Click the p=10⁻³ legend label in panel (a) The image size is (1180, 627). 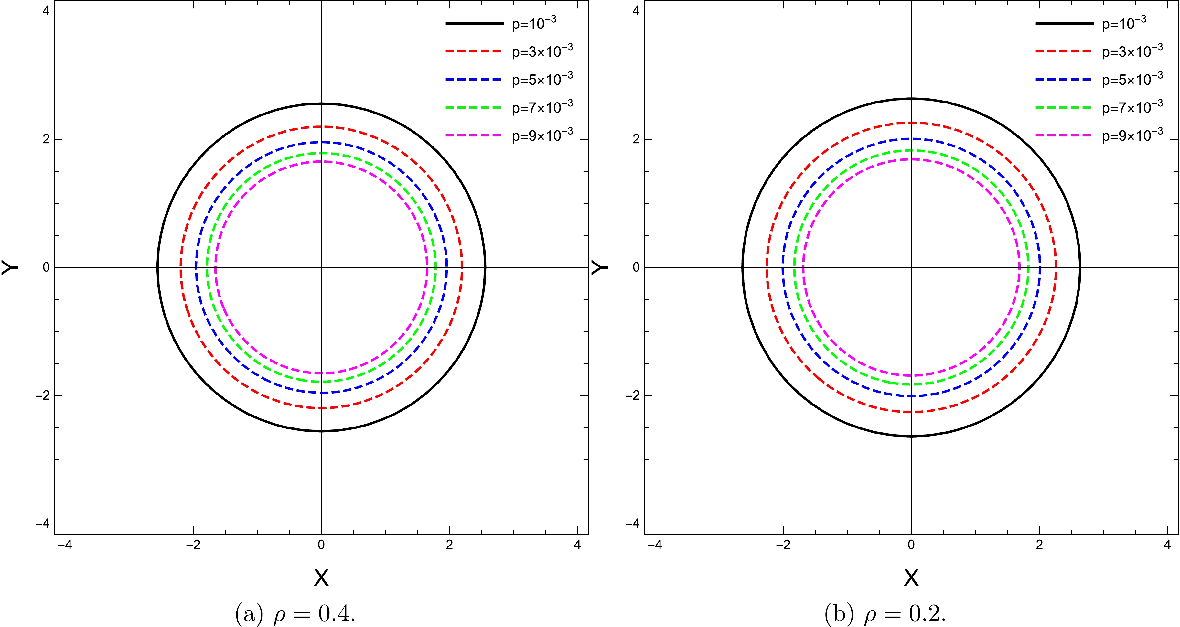click(x=534, y=23)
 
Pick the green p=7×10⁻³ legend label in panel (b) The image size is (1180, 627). click(x=1132, y=107)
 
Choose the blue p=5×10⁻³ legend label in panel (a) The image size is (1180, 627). click(x=542, y=79)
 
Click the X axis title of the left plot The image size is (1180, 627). click(x=321, y=578)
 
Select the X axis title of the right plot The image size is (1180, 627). click(x=911, y=578)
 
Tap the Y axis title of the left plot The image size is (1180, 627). click(x=10, y=267)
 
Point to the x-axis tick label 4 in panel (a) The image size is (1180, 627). click(x=577, y=545)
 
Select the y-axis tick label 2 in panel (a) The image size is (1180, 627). click(x=46, y=139)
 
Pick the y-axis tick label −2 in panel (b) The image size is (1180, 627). click(x=633, y=395)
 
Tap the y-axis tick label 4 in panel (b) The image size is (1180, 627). click(x=636, y=11)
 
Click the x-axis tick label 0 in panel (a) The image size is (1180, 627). click(x=321, y=545)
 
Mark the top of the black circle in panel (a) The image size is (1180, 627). click(x=321, y=103)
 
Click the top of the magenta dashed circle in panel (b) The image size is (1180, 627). click(x=911, y=159)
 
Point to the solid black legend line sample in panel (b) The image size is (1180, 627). click(x=1064, y=23)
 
